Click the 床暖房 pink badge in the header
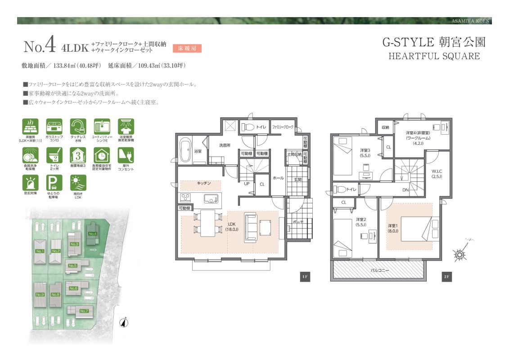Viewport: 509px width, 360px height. click(x=187, y=48)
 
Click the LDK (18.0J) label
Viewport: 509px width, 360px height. click(x=231, y=227)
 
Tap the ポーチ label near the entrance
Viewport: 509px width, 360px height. click(x=297, y=222)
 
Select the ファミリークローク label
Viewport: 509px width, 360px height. click(x=283, y=127)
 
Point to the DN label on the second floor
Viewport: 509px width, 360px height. click(x=405, y=190)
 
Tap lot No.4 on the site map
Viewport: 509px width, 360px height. click(x=93, y=234)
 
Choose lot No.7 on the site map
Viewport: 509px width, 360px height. click(x=84, y=311)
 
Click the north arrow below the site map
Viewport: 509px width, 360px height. click(x=126, y=322)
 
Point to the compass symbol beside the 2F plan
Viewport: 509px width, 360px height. click(x=460, y=254)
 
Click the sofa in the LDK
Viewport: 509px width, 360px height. click(x=250, y=227)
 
